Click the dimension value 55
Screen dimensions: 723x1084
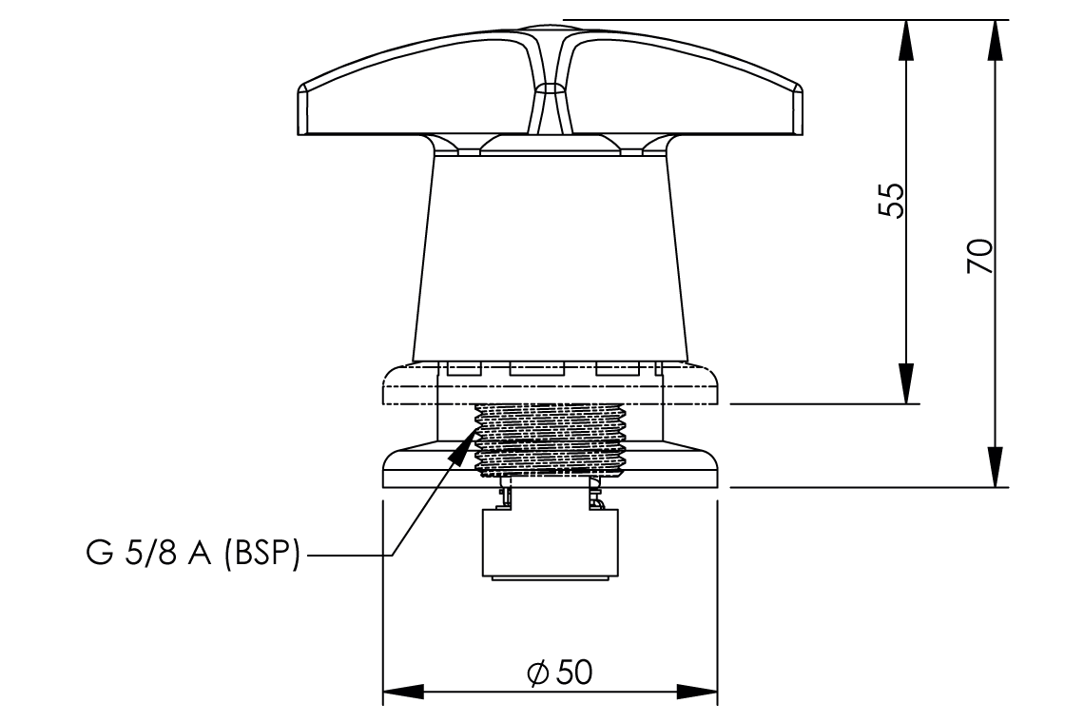click(891, 200)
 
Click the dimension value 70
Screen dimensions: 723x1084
click(980, 257)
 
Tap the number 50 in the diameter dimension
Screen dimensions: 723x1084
click(573, 673)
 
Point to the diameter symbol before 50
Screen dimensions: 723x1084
click(537, 674)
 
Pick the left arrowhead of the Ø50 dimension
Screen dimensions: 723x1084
click(399, 692)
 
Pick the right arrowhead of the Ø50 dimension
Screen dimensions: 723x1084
click(699, 692)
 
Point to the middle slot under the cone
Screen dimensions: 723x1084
click(536, 368)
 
